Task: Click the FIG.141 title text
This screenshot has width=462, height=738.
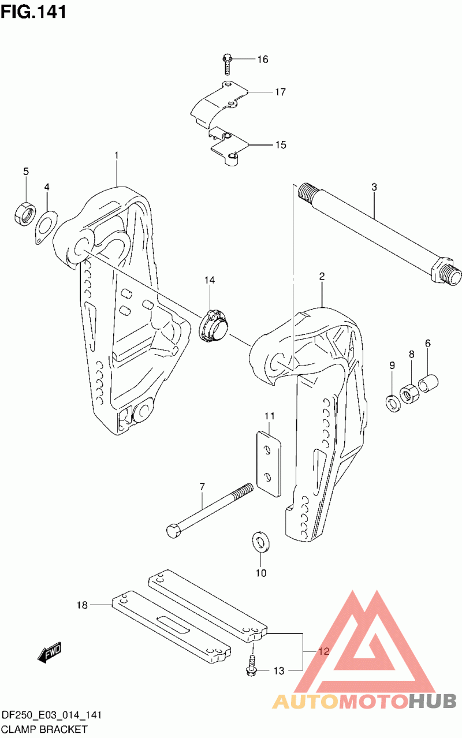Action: click(33, 12)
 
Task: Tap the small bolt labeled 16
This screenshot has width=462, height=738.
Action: click(227, 64)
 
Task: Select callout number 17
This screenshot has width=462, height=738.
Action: click(281, 92)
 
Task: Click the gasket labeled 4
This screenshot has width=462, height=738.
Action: click(46, 228)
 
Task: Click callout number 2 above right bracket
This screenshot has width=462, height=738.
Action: click(322, 277)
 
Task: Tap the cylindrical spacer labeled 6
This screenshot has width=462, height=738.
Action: click(428, 383)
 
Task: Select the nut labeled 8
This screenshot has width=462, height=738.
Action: click(409, 392)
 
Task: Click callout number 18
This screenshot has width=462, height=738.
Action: click(83, 605)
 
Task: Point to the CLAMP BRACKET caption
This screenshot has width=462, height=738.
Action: click(44, 729)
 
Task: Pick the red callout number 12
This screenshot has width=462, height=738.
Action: click(323, 651)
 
